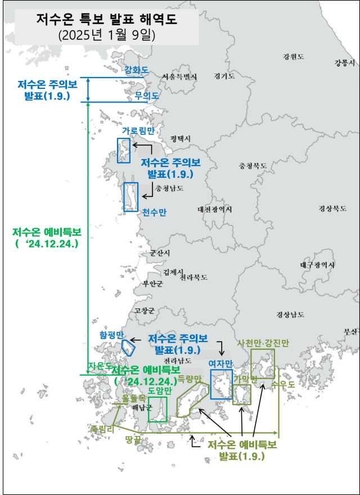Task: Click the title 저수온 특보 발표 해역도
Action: [x=106, y=20]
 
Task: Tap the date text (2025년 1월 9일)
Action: [x=106, y=35]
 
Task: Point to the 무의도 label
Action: [x=147, y=96]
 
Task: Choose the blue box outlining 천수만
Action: [x=131, y=197]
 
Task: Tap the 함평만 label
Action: [x=111, y=334]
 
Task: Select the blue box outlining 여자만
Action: [x=221, y=384]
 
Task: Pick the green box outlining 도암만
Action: [x=157, y=409]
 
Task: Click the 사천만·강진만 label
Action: [x=263, y=343]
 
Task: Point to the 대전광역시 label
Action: [x=214, y=209]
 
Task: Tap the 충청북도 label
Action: [x=253, y=166]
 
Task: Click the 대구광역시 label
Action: [x=317, y=264]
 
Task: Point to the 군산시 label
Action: [x=160, y=254]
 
